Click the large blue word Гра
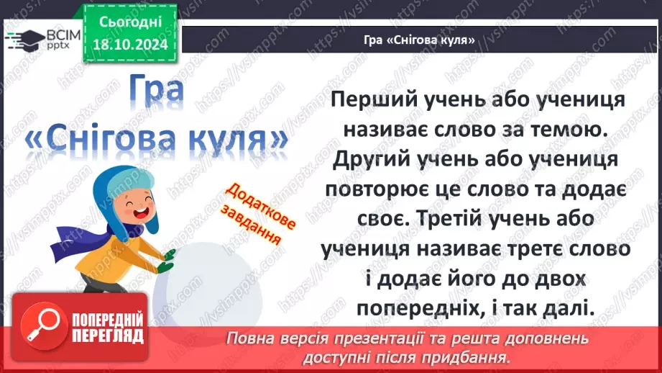coord(158,91)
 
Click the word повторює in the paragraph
coord(385,189)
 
